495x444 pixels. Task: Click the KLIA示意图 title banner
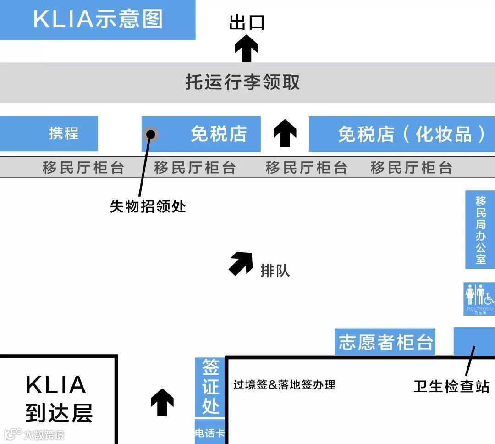(x=98, y=20)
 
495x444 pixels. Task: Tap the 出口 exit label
(x=247, y=22)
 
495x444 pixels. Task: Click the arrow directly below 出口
(x=247, y=50)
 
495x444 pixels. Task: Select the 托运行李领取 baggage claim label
(x=243, y=83)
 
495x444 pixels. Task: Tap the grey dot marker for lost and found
(x=150, y=134)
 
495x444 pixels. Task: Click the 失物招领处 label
(x=148, y=206)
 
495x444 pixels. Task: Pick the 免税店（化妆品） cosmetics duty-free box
(x=402, y=134)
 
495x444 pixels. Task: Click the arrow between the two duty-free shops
(x=285, y=133)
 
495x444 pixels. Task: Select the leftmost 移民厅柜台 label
(x=83, y=168)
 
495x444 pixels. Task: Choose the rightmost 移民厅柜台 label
(x=411, y=168)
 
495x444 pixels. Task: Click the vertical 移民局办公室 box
(x=480, y=230)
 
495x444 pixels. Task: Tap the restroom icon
(x=479, y=298)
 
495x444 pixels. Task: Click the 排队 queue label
(x=275, y=271)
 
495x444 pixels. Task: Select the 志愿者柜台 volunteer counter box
(x=385, y=342)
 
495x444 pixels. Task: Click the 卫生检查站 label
(x=451, y=386)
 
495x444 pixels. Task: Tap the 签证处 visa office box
(x=210, y=387)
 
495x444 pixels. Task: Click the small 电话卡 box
(x=210, y=433)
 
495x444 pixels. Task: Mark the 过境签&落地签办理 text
(x=284, y=384)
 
